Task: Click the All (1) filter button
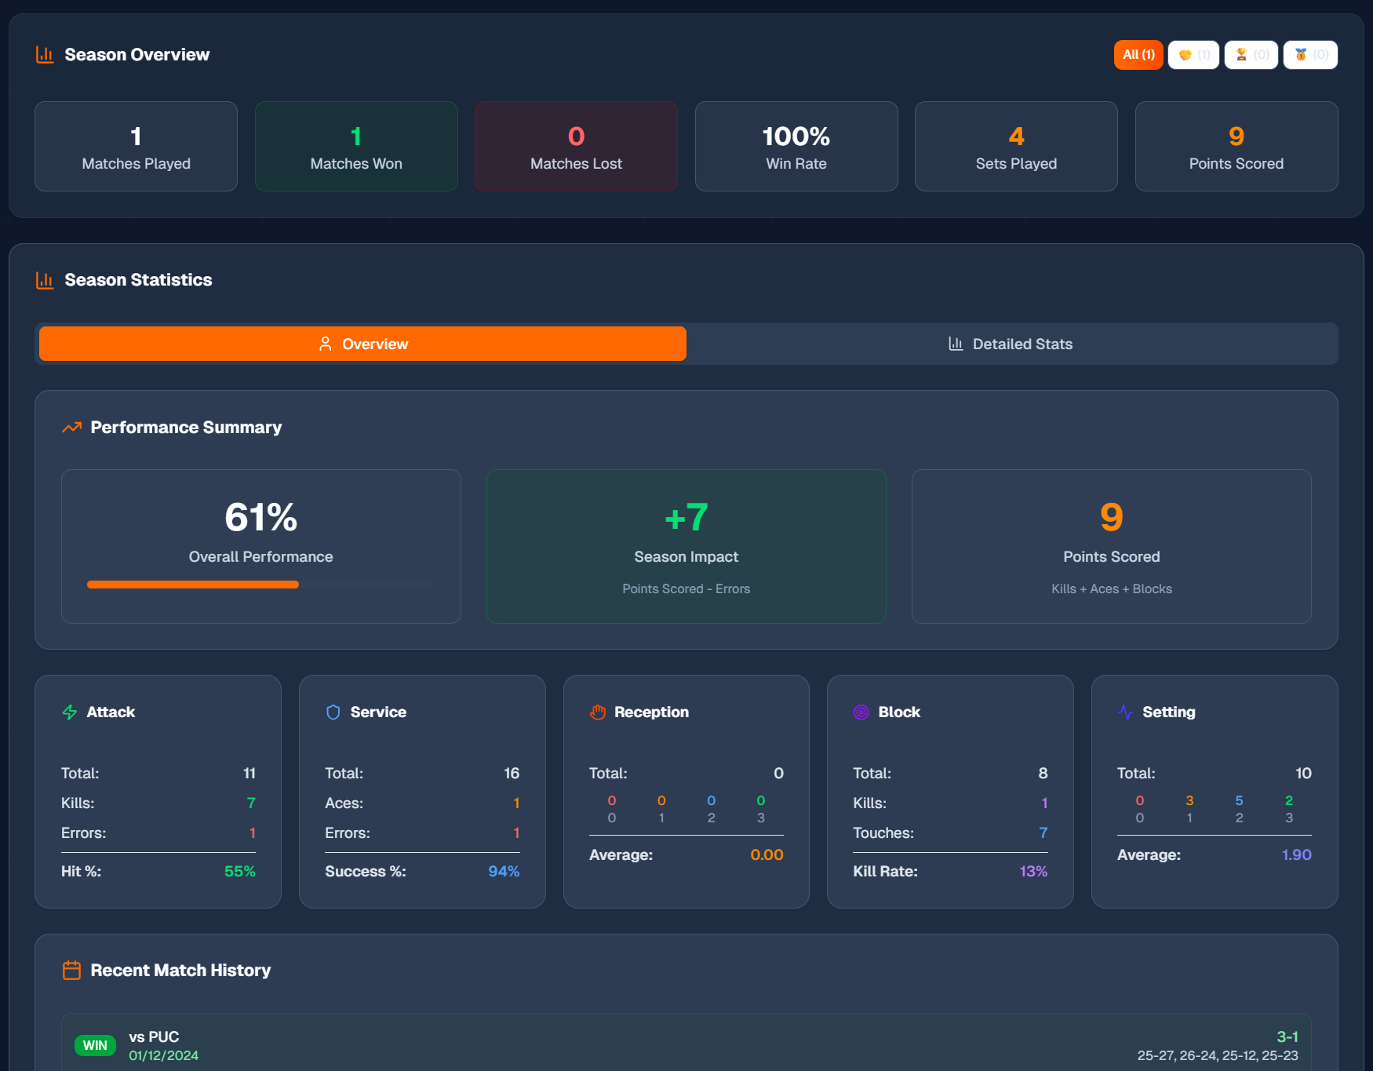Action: pos(1138,55)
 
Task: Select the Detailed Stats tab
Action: pos(1011,344)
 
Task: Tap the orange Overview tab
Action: pos(362,344)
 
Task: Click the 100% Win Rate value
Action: pos(796,137)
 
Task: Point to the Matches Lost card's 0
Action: pos(576,137)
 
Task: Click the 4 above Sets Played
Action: pos(1016,137)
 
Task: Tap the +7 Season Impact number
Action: pos(686,517)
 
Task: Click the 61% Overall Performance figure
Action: pos(260,517)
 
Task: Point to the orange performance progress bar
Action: pos(193,585)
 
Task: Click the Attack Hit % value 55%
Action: pos(239,871)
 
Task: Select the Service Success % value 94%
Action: pos(504,871)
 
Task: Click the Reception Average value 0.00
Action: pos(767,854)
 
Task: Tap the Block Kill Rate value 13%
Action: pos(1033,871)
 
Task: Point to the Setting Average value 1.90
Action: pos(1296,854)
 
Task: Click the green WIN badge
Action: pos(95,1045)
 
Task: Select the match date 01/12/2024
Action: pos(163,1055)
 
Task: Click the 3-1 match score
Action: pos(1287,1036)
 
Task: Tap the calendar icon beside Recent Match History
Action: pos(71,971)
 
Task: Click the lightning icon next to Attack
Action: pos(70,712)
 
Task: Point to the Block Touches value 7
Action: pos(1043,832)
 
